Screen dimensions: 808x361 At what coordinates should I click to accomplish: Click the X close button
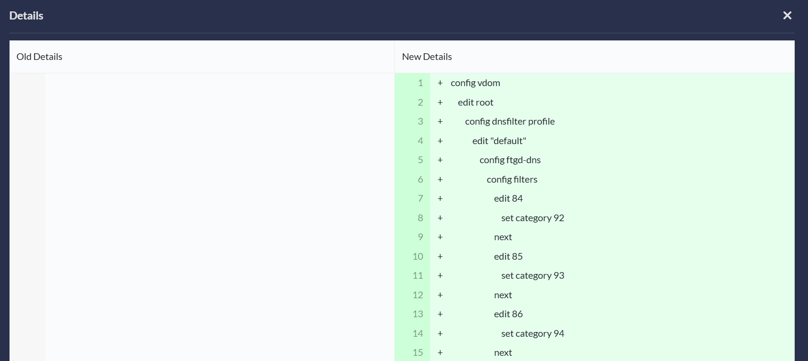click(787, 16)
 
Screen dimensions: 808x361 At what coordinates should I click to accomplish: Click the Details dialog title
click(26, 16)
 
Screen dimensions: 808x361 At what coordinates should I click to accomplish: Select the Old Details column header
click(39, 57)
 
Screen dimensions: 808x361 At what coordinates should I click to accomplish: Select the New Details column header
click(427, 57)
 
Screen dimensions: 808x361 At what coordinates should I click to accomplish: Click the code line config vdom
click(475, 83)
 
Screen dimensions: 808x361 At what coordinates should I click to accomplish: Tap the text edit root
click(475, 102)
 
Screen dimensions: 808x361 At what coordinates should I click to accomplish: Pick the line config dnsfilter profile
click(510, 122)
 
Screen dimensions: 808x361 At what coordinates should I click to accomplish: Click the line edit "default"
click(499, 141)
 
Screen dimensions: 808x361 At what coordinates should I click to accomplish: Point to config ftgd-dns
click(510, 160)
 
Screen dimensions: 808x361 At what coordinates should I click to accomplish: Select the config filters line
click(512, 180)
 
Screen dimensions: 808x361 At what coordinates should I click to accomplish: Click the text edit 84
click(508, 199)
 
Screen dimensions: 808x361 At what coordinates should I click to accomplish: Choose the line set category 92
click(532, 218)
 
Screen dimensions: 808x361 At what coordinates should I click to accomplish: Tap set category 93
click(532, 275)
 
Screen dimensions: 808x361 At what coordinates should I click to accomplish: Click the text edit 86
click(508, 314)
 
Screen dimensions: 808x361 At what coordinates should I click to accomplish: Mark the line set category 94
click(532, 333)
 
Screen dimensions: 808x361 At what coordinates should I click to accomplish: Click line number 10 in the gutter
click(418, 256)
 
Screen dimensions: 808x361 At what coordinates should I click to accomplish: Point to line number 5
click(420, 160)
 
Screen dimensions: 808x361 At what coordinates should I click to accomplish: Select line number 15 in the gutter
click(418, 353)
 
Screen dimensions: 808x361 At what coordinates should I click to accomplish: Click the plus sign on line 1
click(440, 83)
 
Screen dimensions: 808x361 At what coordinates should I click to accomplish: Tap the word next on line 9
click(503, 237)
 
